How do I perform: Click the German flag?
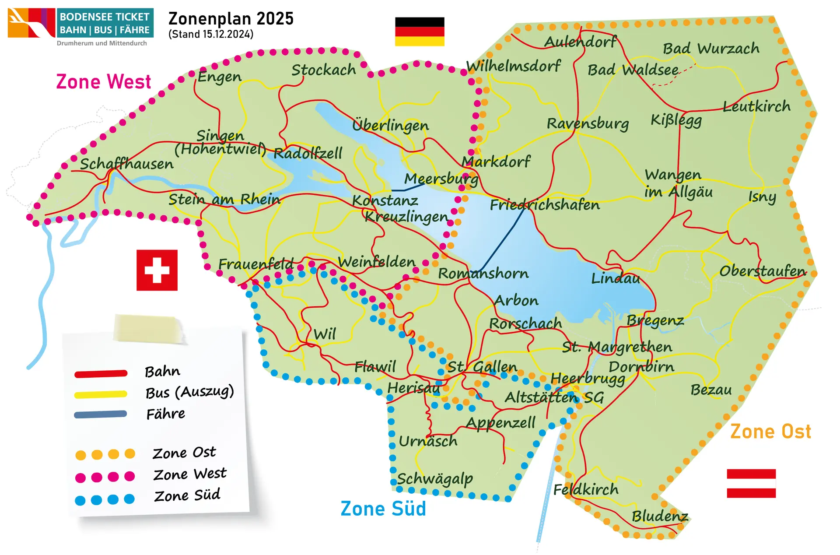click(420, 32)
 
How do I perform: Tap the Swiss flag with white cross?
click(157, 270)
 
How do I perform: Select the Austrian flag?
click(751, 483)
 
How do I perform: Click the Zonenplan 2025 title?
click(231, 19)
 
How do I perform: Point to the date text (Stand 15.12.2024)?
click(211, 35)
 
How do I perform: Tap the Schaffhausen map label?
click(126, 164)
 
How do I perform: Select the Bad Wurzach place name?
click(711, 48)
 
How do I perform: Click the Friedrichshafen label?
click(545, 205)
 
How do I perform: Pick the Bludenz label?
click(660, 516)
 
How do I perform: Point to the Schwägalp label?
click(435, 479)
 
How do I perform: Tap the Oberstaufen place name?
click(762, 271)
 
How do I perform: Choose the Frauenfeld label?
click(256, 264)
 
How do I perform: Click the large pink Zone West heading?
click(104, 82)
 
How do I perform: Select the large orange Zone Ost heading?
click(770, 432)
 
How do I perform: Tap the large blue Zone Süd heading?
click(383, 509)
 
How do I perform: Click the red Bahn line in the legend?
click(101, 373)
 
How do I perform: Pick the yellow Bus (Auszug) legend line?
click(101, 394)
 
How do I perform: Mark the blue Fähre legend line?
click(101, 414)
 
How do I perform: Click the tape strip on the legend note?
click(148, 328)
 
